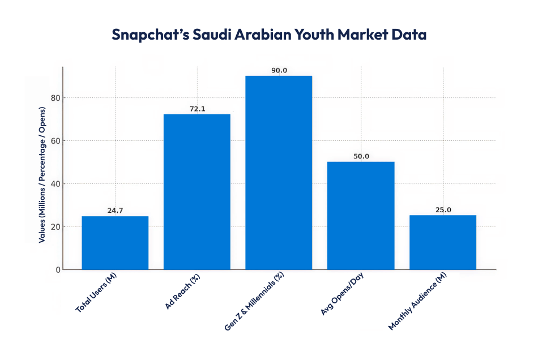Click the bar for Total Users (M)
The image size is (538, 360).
115,243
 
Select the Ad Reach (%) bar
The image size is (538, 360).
197,192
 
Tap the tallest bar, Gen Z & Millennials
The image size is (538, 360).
279,173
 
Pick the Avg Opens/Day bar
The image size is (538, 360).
361,216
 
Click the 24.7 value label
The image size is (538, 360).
115,211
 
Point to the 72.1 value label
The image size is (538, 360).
197,108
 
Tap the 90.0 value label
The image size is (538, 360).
279,70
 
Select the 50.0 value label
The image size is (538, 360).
361,156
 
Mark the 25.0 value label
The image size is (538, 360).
443,210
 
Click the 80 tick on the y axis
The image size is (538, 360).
54,98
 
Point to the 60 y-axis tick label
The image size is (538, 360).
54,141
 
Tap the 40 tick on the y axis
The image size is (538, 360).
54,184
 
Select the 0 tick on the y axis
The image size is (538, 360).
57,270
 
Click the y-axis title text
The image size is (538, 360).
42,180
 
